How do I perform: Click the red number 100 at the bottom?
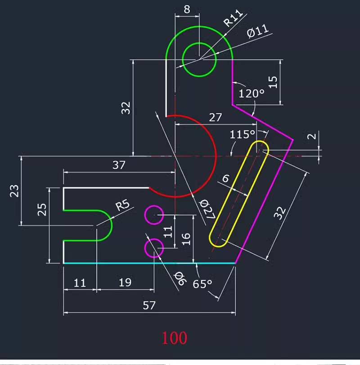tap(175, 337)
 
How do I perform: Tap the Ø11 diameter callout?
tap(258, 32)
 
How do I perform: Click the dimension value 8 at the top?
tap(187, 9)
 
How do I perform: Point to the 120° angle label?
tap(252, 94)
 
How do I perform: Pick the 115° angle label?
tap(243, 135)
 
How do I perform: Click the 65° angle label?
tap(202, 284)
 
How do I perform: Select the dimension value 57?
tap(149, 306)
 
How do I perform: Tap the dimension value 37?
tap(119, 165)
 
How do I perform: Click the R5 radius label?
tap(122, 206)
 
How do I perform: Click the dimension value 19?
tap(125, 283)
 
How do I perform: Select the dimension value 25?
tap(42, 210)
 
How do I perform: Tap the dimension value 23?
tap(14, 191)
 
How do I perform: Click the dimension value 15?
tap(273, 82)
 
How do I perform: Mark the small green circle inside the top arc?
tap(199, 59)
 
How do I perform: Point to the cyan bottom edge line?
tap(149, 263)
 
